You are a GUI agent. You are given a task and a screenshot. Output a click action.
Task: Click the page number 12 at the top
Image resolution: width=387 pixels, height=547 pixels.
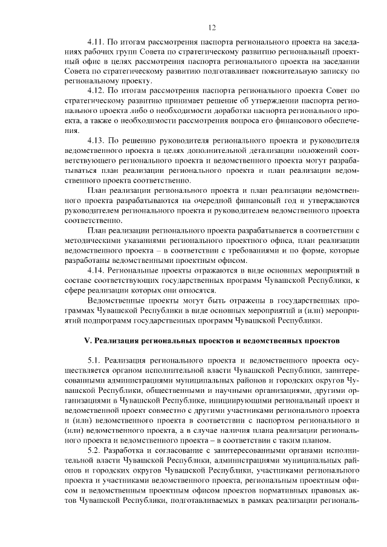(x=212, y=27)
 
